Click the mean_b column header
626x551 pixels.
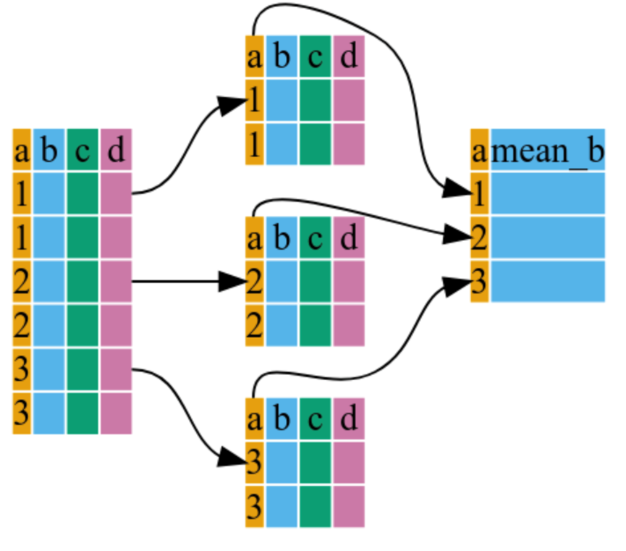point(548,151)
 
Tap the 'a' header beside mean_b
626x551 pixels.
point(480,151)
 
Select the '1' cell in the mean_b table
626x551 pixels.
point(480,193)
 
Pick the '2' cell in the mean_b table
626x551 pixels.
point(480,237)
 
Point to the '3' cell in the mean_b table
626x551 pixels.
point(480,281)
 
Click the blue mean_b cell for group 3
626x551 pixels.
point(548,281)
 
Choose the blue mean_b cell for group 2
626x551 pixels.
point(548,237)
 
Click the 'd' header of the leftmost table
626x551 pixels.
point(116,151)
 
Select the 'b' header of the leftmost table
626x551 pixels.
point(49,151)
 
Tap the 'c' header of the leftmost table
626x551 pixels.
point(83,151)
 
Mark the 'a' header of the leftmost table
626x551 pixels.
point(22,151)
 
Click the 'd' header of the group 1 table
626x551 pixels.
point(348,56)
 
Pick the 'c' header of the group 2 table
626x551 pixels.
point(315,237)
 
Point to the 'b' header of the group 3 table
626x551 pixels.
point(282,418)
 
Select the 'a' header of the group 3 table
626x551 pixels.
point(254,418)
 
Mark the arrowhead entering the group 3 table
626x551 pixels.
point(232,458)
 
